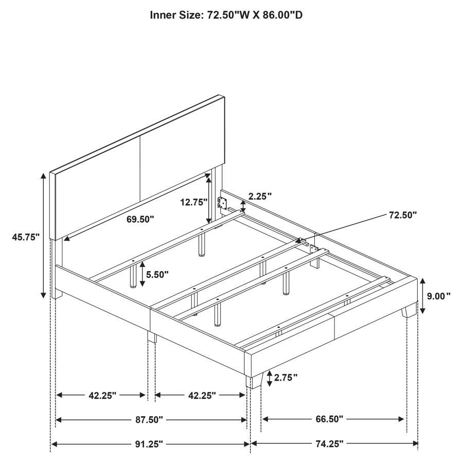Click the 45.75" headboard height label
click(26, 237)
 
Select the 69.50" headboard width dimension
click(140, 219)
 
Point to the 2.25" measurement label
click(260, 196)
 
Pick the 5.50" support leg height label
click(157, 275)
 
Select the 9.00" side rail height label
click(438, 296)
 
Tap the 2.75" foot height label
click(286, 378)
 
